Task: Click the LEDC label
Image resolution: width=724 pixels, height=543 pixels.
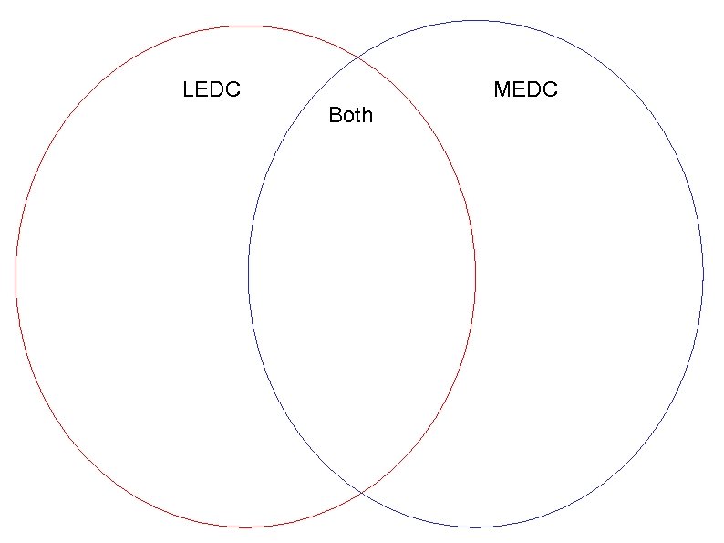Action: (212, 89)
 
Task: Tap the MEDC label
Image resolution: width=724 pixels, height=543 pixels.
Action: (525, 89)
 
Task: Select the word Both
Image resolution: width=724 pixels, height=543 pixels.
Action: (350, 115)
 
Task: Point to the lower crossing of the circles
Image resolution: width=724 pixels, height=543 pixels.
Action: (362, 493)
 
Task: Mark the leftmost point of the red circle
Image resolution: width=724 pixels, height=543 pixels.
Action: (16, 274)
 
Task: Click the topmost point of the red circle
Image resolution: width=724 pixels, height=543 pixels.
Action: (246, 26)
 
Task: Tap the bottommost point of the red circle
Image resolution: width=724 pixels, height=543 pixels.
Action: (246, 527)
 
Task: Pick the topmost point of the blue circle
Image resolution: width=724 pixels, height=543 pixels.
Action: (475, 20)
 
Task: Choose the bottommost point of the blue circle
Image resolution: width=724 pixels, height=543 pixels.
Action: (475, 527)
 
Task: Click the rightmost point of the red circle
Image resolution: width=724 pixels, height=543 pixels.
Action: (475, 274)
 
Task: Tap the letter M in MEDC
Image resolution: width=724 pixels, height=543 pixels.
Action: (501, 89)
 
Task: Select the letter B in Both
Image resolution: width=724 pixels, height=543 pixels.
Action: (335, 115)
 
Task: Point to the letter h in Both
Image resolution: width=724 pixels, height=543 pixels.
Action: (367, 115)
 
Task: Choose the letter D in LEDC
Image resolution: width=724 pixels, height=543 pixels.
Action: (218, 89)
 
